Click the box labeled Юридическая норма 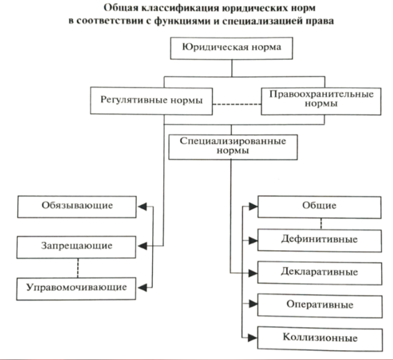pos(232,48)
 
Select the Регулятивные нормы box pos(151,101)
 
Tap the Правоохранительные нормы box pos(321,101)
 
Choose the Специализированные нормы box pos(233,147)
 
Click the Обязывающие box pos(76,206)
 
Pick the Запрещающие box pos(76,247)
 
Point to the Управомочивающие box pos(76,289)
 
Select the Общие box pos(319,207)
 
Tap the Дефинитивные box pos(319,240)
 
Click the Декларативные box pos(320,273)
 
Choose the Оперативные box pos(320,306)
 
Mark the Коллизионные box pos(320,338)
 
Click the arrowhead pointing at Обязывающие pos(142,206)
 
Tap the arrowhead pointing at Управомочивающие pos(142,288)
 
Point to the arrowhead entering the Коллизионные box pos(253,338)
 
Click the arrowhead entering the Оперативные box pos(253,304)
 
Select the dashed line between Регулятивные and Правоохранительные pos(237,104)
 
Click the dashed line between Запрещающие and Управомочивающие pos(78,268)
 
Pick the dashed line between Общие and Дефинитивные pos(321,224)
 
